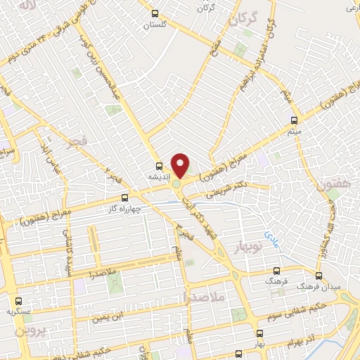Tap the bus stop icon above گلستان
click(155, 13)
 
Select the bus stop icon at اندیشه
click(159, 167)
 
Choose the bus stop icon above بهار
click(260, 333)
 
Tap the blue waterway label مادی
click(271, 236)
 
